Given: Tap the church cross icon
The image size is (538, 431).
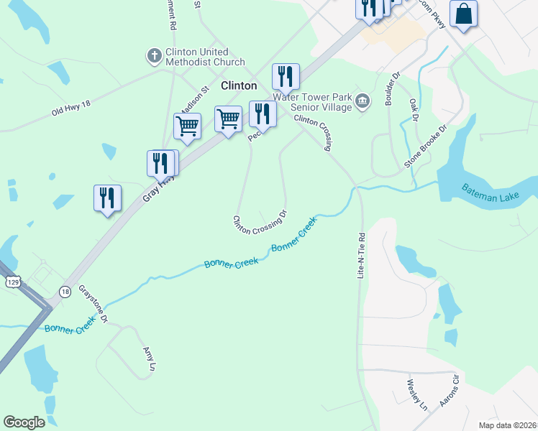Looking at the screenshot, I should point(154,55).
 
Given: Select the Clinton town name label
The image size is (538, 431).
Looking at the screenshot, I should point(239,85).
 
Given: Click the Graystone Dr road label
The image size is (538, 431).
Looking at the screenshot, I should point(93,304).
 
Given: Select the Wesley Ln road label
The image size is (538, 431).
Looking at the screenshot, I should point(417,394).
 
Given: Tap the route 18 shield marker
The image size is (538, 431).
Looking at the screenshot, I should point(65,292).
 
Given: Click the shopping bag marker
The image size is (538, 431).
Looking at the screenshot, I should point(464,14).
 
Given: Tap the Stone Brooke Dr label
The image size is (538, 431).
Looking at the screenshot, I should point(425,147).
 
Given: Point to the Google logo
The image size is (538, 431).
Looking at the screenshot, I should point(24,422).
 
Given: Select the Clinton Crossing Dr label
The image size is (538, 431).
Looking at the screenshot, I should point(260,223).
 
